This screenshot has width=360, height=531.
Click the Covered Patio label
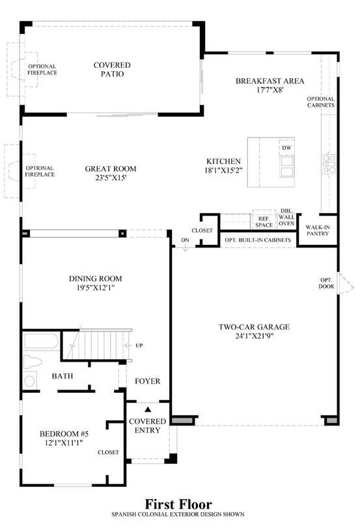[x=112, y=70]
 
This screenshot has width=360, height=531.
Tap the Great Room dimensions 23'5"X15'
[x=111, y=178]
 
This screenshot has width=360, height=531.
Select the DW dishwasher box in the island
[x=286, y=148]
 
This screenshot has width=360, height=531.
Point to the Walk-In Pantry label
[x=318, y=230]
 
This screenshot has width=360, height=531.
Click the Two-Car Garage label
[x=254, y=327]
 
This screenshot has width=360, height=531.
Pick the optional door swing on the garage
[x=346, y=283]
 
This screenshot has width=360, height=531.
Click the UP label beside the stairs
[x=139, y=345]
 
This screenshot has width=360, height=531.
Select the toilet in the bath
[x=33, y=362]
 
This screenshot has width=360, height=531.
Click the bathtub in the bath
[x=41, y=341]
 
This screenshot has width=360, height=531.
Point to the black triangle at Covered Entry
[x=148, y=409]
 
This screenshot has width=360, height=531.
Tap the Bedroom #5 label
[x=64, y=434]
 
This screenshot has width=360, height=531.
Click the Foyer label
[x=148, y=381]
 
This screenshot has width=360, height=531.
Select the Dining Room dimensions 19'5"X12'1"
[x=96, y=288]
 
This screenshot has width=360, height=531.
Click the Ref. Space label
[x=264, y=222]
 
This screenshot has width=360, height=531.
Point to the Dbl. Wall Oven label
[x=286, y=217]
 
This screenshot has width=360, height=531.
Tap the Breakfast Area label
[x=270, y=81]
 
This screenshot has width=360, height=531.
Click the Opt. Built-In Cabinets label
[x=258, y=240]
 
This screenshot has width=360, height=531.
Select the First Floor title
[x=178, y=504]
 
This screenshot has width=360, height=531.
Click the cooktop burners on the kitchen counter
[x=329, y=164]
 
